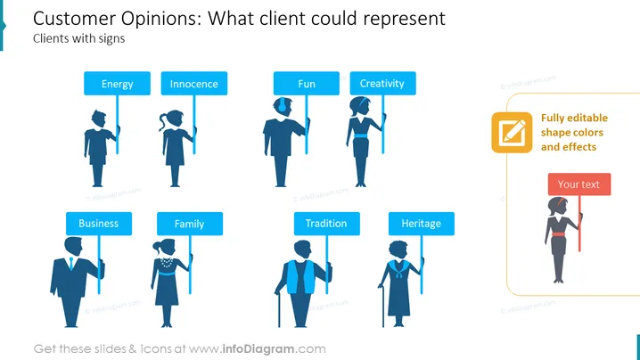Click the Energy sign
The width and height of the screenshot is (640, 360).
tap(117, 84)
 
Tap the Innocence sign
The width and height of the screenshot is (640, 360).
tap(194, 84)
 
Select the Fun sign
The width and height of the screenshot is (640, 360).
tap(306, 84)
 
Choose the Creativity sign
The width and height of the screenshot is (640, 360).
tap(383, 84)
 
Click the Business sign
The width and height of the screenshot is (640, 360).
tap(99, 224)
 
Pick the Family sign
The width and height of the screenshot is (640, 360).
tap(190, 224)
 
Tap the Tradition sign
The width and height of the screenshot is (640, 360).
tap(327, 224)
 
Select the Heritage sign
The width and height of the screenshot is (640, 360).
tap(422, 224)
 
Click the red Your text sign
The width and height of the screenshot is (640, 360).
tap(579, 184)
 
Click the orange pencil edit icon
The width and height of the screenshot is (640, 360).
tap(512, 133)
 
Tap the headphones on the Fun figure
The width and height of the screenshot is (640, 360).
tap(281, 105)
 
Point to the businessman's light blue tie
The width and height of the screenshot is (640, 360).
tap(71, 264)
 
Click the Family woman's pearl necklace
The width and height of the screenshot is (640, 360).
tap(167, 262)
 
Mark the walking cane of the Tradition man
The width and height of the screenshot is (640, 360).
tap(279, 309)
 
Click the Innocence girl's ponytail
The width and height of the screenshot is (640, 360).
tap(163, 121)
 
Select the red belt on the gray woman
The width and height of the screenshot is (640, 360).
tap(558, 234)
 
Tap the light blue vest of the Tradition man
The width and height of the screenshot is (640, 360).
tap(300, 277)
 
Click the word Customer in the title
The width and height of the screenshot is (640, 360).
tap(74, 19)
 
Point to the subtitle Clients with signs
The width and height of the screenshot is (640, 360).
tap(78, 38)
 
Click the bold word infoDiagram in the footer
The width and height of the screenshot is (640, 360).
tap(258, 349)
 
